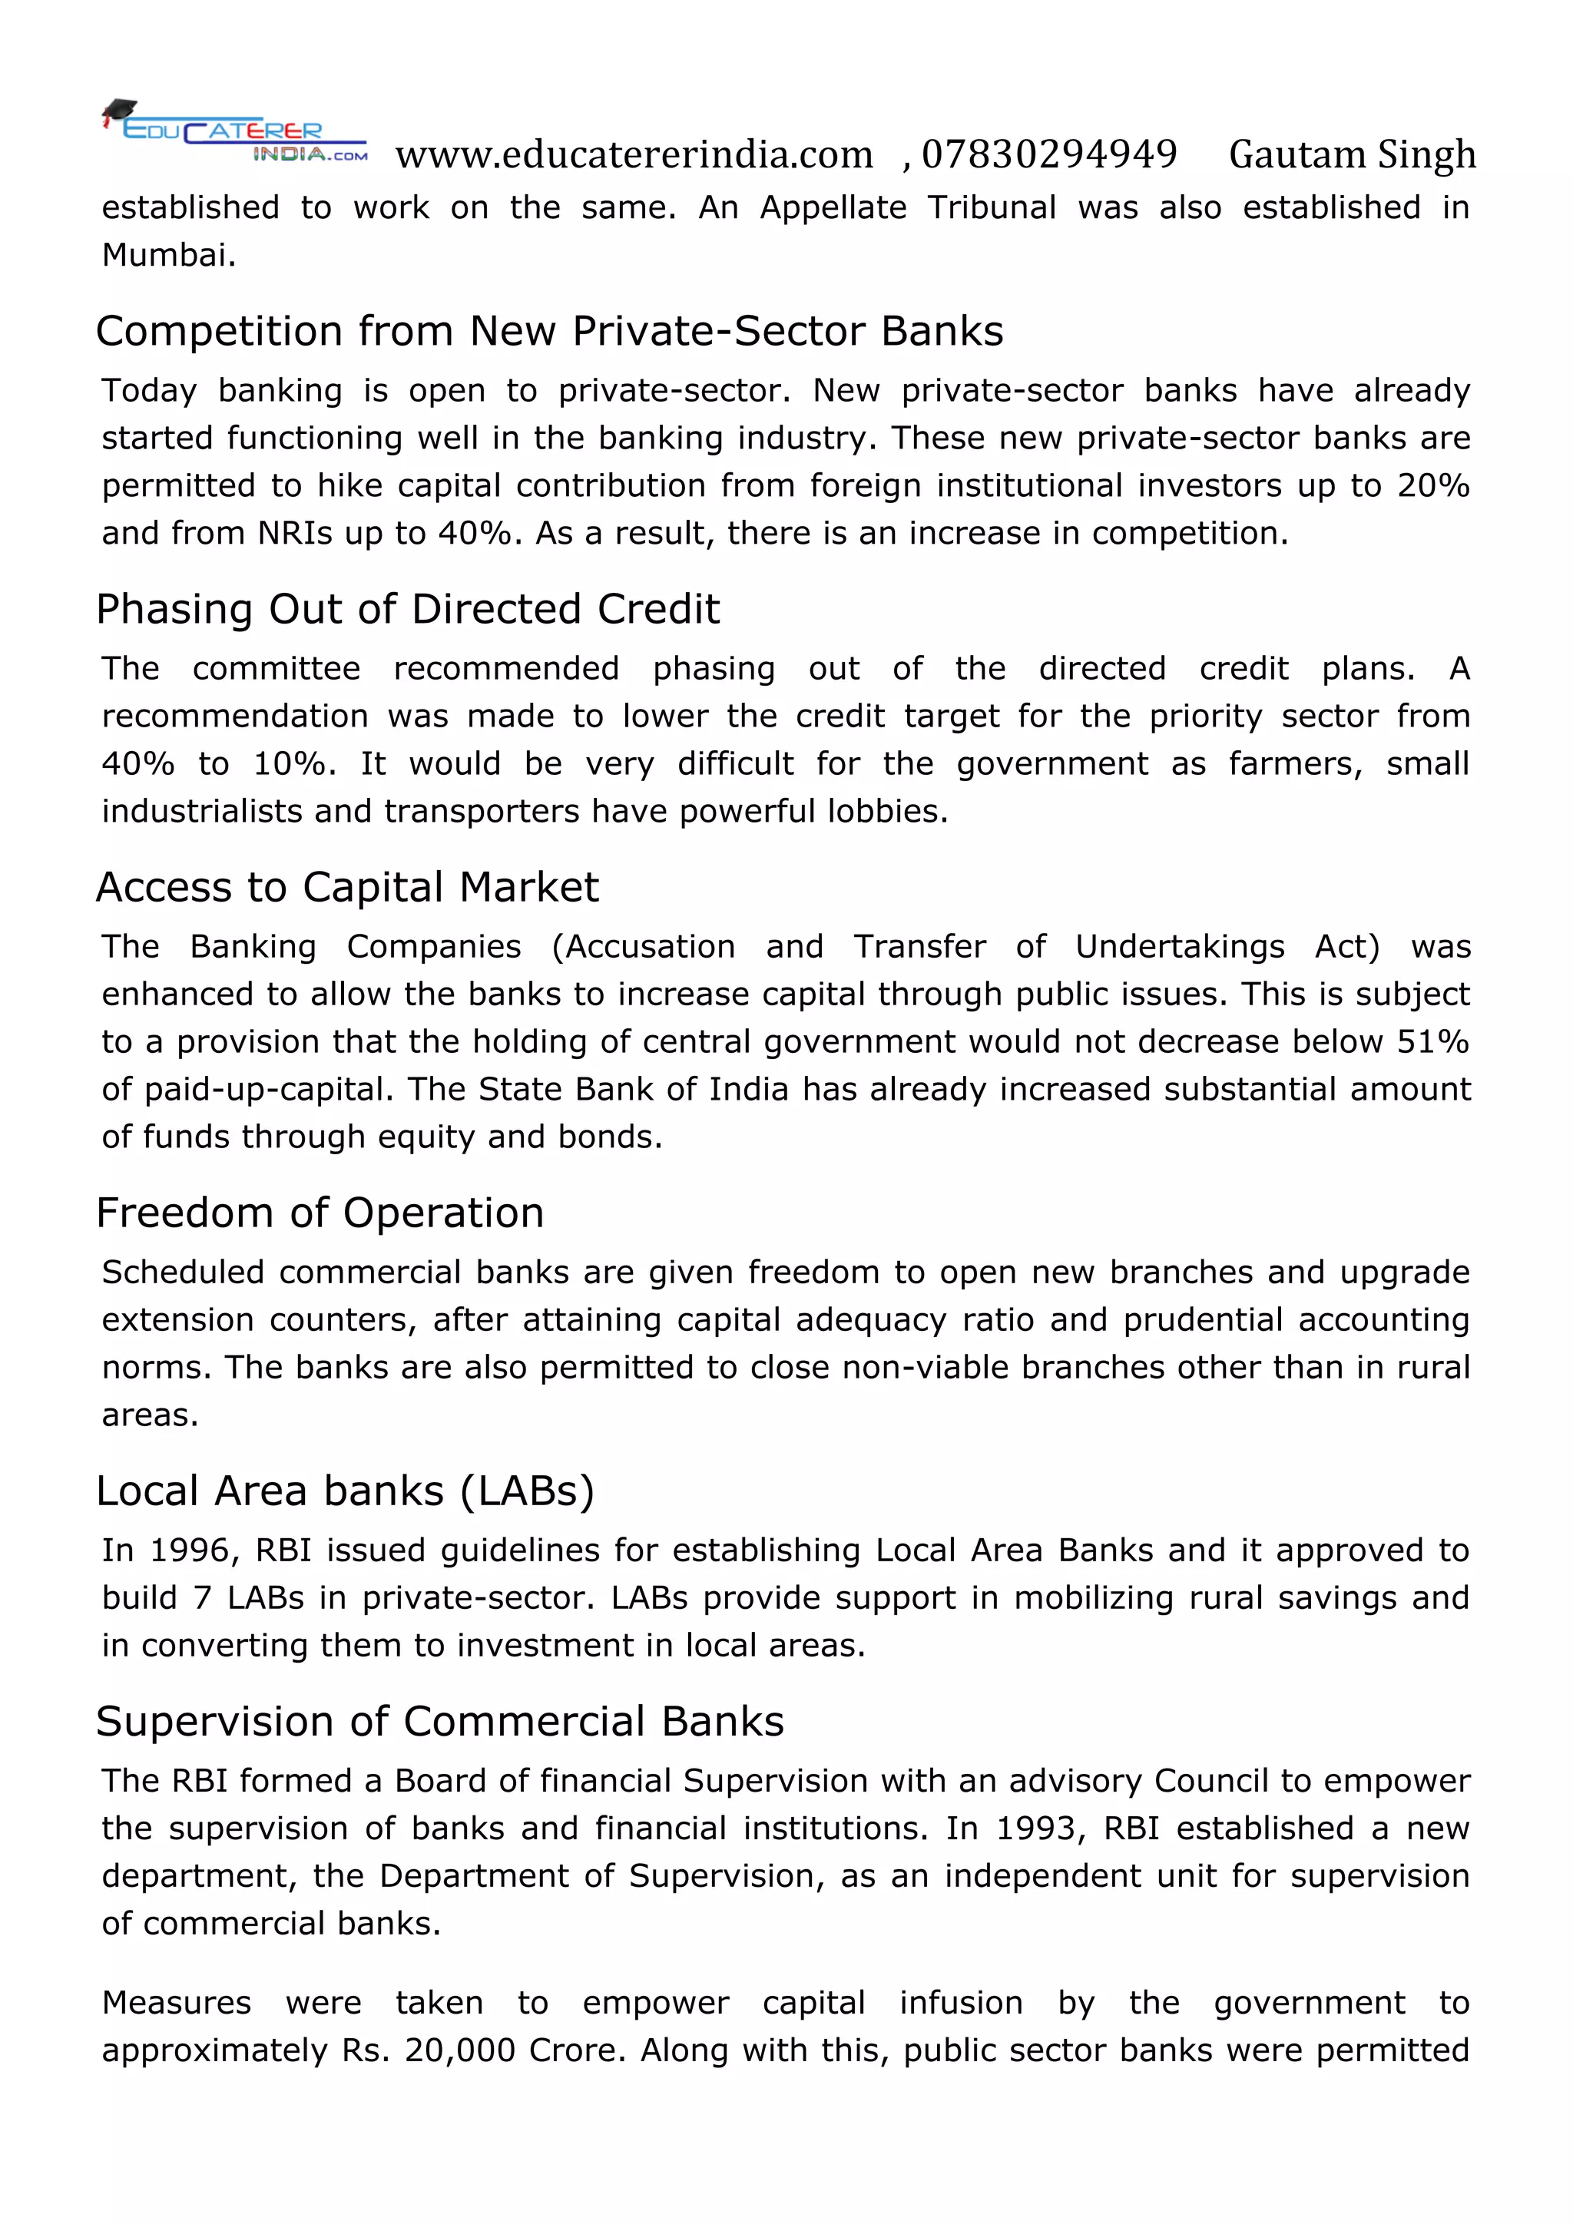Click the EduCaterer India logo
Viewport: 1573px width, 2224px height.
pos(234,132)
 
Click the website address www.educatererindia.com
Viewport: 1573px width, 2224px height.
pos(634,154)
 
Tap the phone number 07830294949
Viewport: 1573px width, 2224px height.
pos(1049,154)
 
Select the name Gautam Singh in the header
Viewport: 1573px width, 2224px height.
pos(1352,154)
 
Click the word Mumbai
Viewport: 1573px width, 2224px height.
pos(167,256)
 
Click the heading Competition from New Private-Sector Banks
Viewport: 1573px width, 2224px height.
pos(549,331)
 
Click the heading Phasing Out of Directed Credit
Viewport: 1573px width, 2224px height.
pos(408,609)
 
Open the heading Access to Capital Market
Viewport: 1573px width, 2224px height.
pos(346,887)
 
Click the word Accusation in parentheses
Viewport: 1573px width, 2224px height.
pos(650,946)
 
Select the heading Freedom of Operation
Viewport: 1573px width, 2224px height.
pos(320,1213)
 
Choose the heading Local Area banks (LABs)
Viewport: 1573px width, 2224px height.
pos(345,1491)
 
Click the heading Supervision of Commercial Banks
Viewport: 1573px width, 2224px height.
pos(440,1721)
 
